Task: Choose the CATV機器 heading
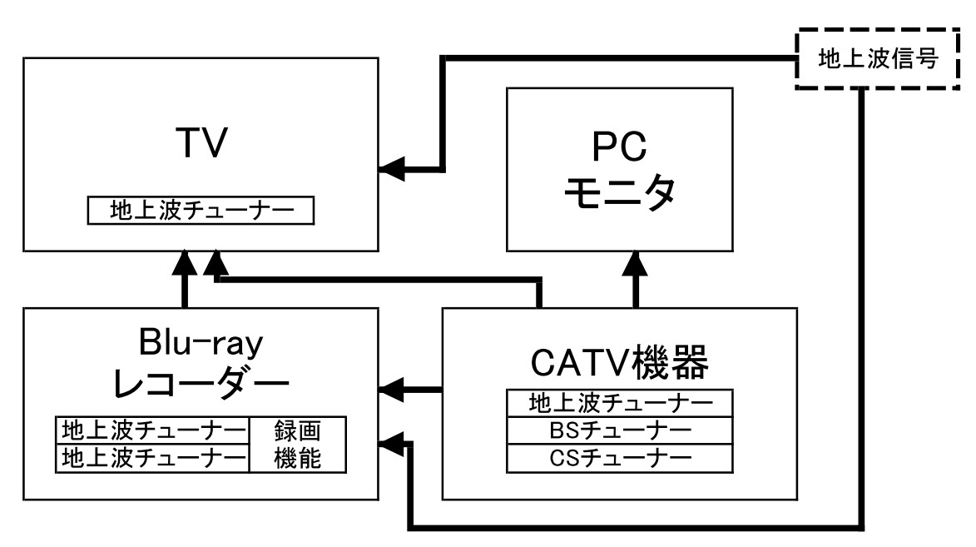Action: click(619, 363)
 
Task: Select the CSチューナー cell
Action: click(620, 457)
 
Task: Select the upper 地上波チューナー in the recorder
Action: click(152, 431)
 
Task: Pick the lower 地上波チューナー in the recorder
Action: click(152, 457)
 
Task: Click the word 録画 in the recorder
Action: click(297, 431)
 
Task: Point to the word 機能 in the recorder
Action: click(297, 457)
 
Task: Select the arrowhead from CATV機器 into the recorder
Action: click(390, 389)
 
